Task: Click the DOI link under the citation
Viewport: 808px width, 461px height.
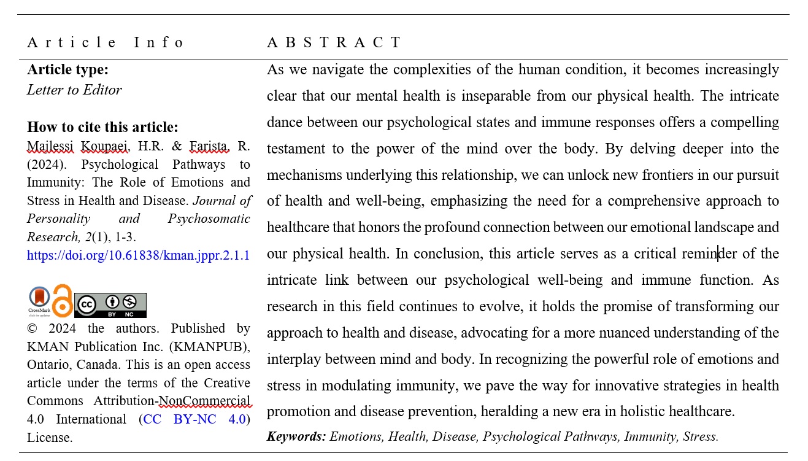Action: tap(138, 255)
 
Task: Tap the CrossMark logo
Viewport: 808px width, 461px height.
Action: tap(39, 300)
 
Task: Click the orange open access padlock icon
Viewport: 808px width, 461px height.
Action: tap(62, 301)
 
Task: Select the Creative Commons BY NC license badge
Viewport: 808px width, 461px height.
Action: tap(110, 305)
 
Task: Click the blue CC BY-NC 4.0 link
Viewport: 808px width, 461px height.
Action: tap(194, 419)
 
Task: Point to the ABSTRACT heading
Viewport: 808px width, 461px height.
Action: tap(334, 42)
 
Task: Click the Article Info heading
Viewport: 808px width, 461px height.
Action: tap(105, 42)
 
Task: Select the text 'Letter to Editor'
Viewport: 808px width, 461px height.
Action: tap(74, 90)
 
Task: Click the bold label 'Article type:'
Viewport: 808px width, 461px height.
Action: tap(67, 70)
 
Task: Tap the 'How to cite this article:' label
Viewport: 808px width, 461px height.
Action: tap(102, 127)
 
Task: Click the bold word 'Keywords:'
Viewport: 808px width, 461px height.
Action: tap(296, 436)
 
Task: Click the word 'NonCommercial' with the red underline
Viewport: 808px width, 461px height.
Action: tap(204, 401)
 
